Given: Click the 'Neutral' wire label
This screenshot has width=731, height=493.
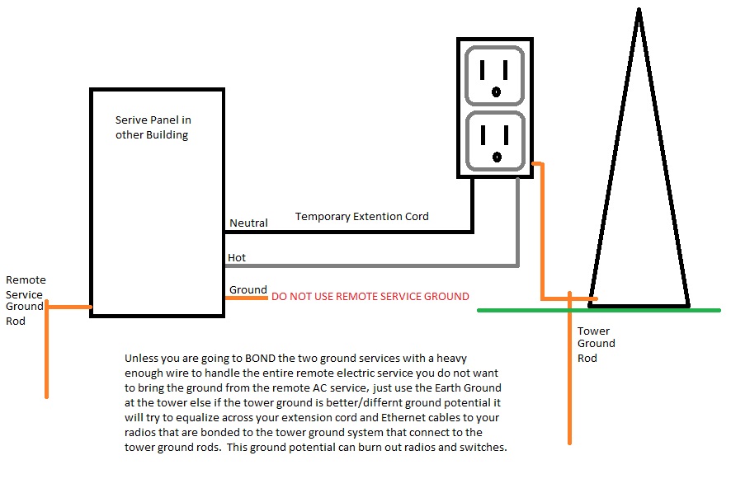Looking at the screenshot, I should [248, 223].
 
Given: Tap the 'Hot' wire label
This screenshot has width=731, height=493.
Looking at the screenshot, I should [237, 258].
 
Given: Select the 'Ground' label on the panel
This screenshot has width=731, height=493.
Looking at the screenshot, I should [248, 289].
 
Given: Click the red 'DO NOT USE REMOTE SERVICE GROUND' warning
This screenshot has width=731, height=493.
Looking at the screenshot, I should [370, 296].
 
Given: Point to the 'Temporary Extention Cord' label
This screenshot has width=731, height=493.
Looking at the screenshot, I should [362, 217].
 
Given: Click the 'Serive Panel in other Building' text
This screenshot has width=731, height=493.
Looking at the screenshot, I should [153, 128].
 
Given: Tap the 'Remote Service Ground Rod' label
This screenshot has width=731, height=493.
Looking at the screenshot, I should [25, 300].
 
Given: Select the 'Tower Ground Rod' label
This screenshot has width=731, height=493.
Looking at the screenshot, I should [596, 344].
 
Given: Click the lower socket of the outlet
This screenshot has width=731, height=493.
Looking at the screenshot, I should [495, 141].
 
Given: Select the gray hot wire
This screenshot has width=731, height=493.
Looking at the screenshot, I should [371, 265].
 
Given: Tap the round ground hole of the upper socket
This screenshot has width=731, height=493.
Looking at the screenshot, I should [496, 92].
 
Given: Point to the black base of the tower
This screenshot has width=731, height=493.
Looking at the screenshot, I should [639, 305].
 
